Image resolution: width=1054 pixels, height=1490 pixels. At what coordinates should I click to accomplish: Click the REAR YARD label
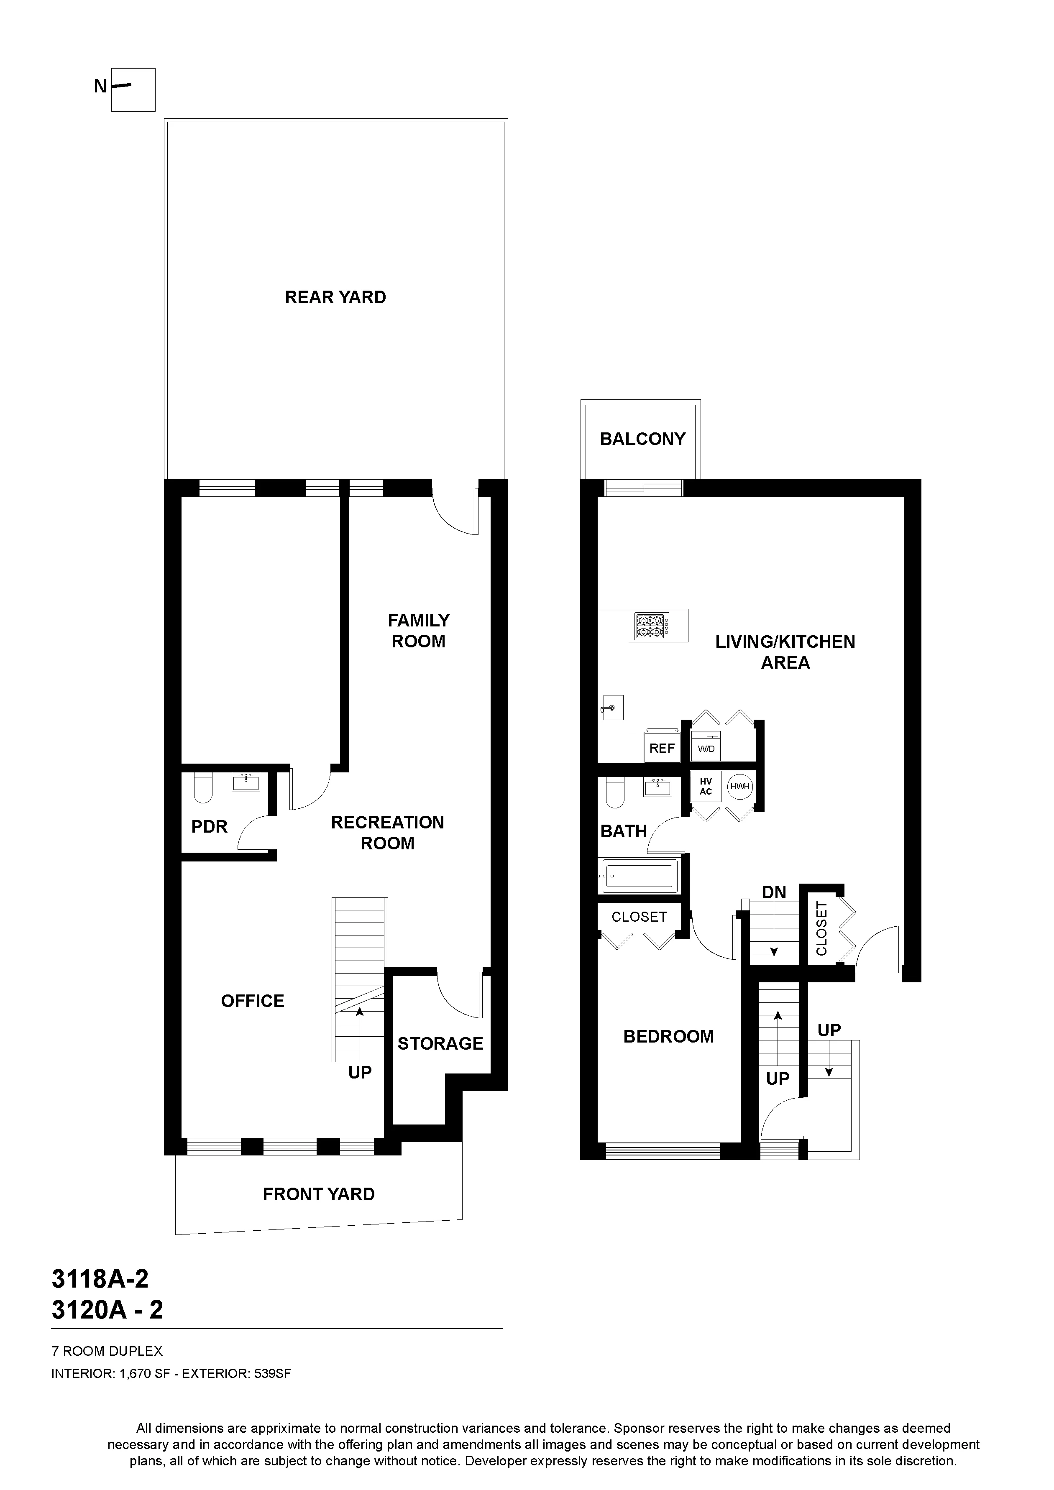(x=335, y=297)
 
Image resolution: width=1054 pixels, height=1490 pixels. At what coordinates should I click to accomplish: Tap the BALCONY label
(x=642, y=440)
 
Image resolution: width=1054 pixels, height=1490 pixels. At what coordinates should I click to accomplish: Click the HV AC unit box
(x=706, y=787)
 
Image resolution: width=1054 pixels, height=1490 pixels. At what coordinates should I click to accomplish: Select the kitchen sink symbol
(x=611, y=708)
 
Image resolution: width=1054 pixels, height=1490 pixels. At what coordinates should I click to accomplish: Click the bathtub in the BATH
(x=639, y=874)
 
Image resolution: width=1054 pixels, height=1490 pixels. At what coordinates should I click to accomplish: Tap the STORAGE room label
(x=440, y=1043)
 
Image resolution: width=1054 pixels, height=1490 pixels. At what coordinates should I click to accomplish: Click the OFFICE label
(x=253, y=1001)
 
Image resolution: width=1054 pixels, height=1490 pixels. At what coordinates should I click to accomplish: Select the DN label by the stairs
(x=774, y=892)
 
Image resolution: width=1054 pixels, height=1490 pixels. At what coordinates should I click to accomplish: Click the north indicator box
(x=133, y=89)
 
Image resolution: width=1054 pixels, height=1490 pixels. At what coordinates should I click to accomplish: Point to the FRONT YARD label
(x=319, y=1194)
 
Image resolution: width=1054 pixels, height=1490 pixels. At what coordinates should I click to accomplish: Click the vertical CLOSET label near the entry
(x=821, y=928)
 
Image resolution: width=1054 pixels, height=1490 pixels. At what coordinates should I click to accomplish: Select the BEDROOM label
(x=668, y=1036)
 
